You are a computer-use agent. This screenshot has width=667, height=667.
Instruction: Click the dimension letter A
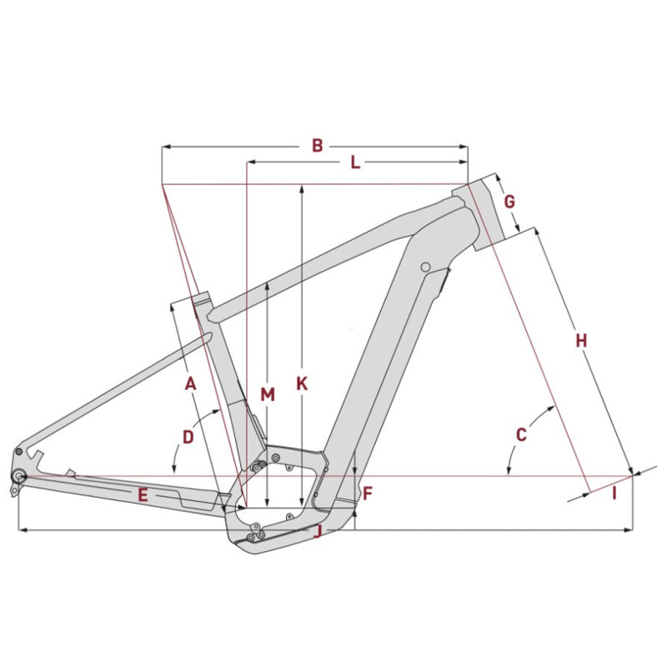(x=190, y=384)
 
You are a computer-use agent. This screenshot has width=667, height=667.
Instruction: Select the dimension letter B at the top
(x=317, y=146)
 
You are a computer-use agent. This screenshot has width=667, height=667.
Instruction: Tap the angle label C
(x=521, y=434)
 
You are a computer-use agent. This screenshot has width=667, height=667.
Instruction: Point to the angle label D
(x=188, y=436)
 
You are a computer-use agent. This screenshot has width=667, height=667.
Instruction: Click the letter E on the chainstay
(x=143, y=495)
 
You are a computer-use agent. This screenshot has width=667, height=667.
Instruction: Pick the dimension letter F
(x=367, y=494)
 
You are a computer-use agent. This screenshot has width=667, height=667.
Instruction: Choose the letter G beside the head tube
(x=509, y=202)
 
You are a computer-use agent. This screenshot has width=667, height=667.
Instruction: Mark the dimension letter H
(x=581, y=340)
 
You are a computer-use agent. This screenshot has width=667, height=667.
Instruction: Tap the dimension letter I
(x=614, y=494)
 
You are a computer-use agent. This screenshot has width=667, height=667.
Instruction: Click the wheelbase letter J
(x=318, y=531)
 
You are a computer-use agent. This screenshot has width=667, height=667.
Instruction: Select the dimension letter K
(x=302, y=384)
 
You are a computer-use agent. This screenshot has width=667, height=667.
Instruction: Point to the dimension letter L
(x=354, y=163)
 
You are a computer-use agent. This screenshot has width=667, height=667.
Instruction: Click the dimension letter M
(x=267, y=394)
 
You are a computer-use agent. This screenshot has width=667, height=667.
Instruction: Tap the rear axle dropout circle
(x=18, y=476)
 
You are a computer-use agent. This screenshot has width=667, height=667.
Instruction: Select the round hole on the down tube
(x=425, y=267)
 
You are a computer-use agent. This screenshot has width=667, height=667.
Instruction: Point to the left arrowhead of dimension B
(x=165, y=147)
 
